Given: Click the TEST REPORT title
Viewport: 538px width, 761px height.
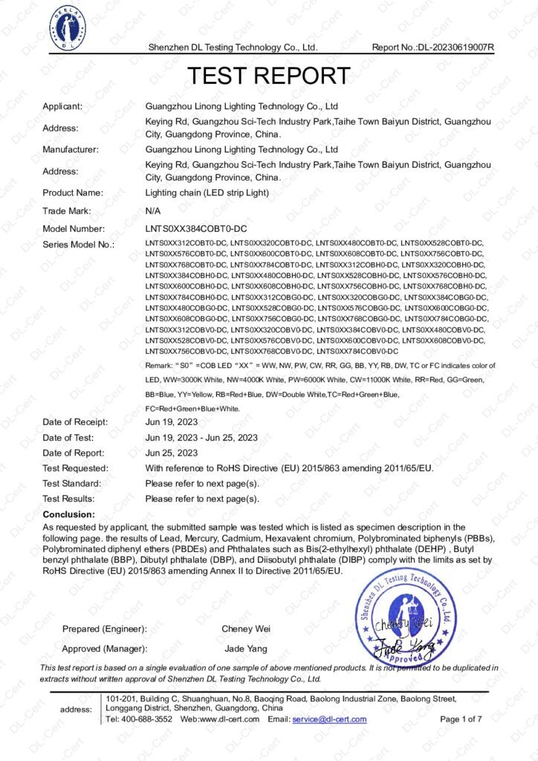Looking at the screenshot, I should click(x=268, y=75).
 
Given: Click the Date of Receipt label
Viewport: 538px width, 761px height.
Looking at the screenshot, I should click(x=74, y=422).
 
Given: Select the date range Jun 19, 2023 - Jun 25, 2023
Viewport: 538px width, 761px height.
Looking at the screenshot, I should click(x=201, y=438).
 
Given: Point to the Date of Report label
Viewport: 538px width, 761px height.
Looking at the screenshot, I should click(x=73, y=453).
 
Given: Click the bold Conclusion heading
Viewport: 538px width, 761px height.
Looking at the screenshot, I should click(x=68, y=514).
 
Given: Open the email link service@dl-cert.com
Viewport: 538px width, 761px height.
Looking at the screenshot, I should click(x=329, y=719).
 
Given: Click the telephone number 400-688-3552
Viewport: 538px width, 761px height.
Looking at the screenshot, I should click(x=148, y=719).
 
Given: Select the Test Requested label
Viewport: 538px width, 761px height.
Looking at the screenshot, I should click(x=75, y=468).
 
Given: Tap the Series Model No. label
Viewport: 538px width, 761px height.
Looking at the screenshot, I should click(x=78, y=245).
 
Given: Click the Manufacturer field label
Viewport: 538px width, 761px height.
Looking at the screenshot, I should click(x=71, y=149).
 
